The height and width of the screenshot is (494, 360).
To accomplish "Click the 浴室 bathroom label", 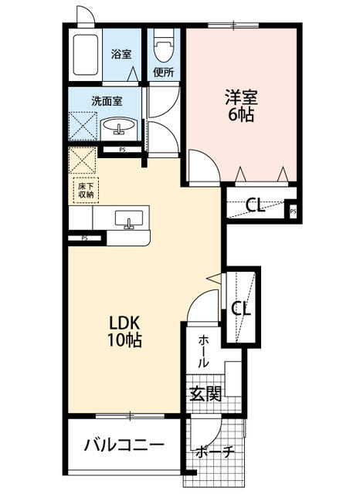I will click(x=121, y=54).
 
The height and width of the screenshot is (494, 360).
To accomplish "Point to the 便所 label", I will click(x=162, y=73).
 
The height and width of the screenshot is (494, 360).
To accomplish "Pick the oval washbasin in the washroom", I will click(x=119, y=126).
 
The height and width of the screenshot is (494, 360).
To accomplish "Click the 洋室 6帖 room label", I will click(x=240, y=107).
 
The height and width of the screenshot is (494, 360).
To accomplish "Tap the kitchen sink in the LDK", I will click(x=128, y=219).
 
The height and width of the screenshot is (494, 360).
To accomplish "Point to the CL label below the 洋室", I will click(x=256, y=205).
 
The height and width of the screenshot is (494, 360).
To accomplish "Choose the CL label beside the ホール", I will click(x=241, y=309).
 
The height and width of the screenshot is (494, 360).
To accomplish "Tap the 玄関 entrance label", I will click(x=205, y=394).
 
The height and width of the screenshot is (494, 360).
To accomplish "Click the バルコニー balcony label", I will click(x=124, y=446).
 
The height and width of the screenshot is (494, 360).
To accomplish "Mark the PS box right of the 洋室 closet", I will click(x=293, y=208).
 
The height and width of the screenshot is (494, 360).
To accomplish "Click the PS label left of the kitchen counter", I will click(x=84, y=239).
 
